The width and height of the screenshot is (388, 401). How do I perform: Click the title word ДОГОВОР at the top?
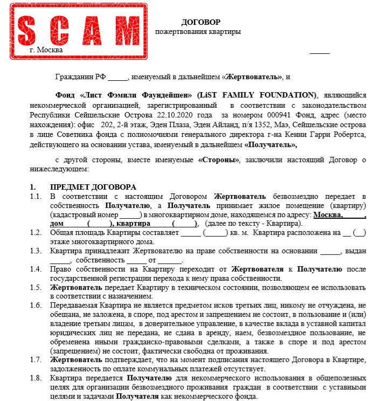tap(201, 22)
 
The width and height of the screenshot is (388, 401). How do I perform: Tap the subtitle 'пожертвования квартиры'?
tap(198, 32)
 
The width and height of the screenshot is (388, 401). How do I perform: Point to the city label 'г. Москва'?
tap(47, 50)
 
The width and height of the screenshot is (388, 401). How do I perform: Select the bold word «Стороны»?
tap(220, 160)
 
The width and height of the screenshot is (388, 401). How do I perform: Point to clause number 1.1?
tap(36, 196)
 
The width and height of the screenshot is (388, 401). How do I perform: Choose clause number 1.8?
tap(36, 378)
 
